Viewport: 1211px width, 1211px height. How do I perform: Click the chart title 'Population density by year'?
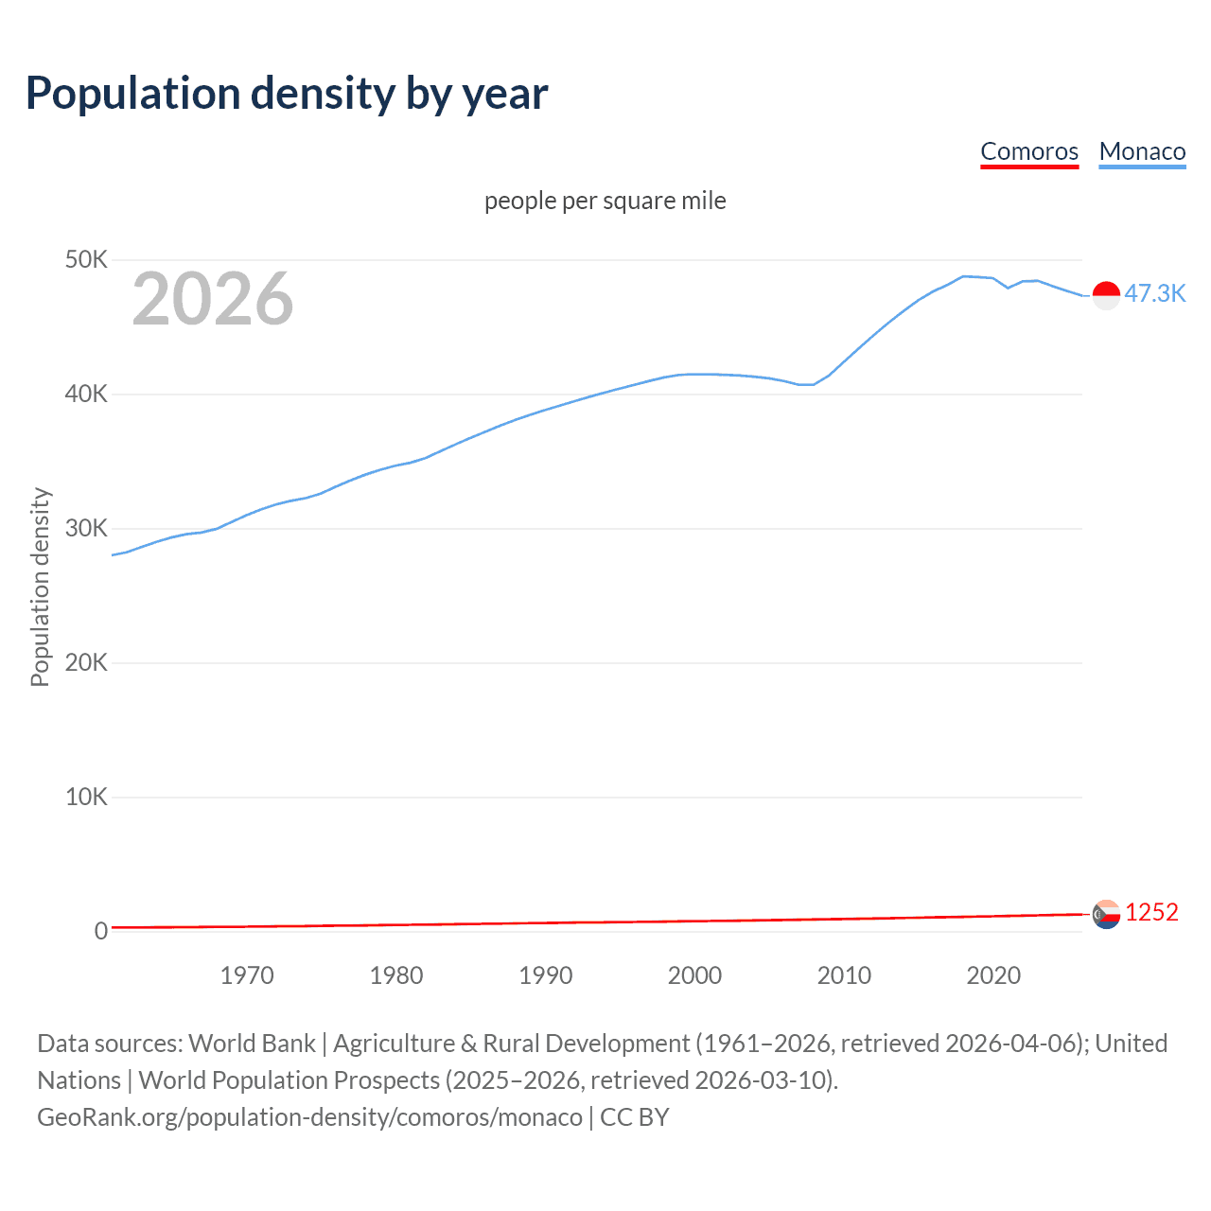tap(287, 94)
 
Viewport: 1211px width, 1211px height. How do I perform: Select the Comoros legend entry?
tap(1029, 151)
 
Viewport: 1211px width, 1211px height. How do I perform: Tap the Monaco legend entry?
tap(1142, 151)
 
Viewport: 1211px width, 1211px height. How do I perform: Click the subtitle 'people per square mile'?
tap(605, 201)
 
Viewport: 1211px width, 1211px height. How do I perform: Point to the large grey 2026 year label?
tap(213, 299)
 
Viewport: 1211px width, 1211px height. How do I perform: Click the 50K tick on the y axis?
tap(86, 259)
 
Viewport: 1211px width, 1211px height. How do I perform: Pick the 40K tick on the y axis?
tap(86, 394)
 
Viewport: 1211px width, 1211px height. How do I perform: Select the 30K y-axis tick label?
tap(86, 528)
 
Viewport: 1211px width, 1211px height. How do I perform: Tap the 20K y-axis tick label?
tap(86, 662)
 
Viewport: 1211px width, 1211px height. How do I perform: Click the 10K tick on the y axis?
tap(86, 797)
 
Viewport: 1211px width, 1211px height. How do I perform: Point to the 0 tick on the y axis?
tap(100, 931)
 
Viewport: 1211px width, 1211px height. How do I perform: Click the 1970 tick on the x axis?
tap(247, 975)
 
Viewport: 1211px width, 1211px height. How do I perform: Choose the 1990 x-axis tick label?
tap(546, 975)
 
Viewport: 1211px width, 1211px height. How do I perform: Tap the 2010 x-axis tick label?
tap(844, 975)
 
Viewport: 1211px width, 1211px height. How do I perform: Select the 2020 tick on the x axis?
tap(993, 975)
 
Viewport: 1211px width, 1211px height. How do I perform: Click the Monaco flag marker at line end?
tap(1106, 295)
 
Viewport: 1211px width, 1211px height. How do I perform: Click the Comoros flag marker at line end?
tap(1106, 914)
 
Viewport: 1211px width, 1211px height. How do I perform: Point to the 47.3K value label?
tap(1154, 293)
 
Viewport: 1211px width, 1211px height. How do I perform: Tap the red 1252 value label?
tap(1151, 912)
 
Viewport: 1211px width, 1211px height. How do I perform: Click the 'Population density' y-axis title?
tap(40, 587)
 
